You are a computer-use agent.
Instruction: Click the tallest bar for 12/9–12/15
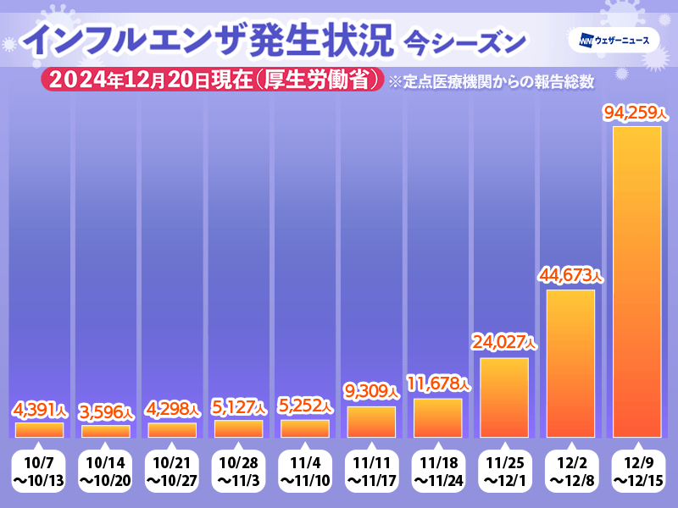[x=636, y=281]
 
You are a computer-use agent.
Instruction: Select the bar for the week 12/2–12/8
[x=570, y=363]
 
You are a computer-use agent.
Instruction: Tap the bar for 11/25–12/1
[x=504, y=397]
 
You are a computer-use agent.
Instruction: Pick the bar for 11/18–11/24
[x=437, y=417]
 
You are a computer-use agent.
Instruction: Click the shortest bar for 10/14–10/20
[x=106, y=431]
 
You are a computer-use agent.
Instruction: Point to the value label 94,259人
[x=636, y=112]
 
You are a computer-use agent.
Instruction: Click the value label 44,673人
[x=570, y=275]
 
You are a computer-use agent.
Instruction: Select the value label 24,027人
[x=504, y=343]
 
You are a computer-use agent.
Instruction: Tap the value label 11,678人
[x=437, y=384]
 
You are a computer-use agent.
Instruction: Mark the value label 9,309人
[x=371, y=391]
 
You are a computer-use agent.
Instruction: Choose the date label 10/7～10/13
[x=40, y=472]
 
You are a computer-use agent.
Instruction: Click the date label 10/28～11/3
[x=238, y=472]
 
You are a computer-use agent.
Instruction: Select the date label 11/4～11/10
[x=305, y=472]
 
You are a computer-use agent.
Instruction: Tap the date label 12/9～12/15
[x=636, y=472]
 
